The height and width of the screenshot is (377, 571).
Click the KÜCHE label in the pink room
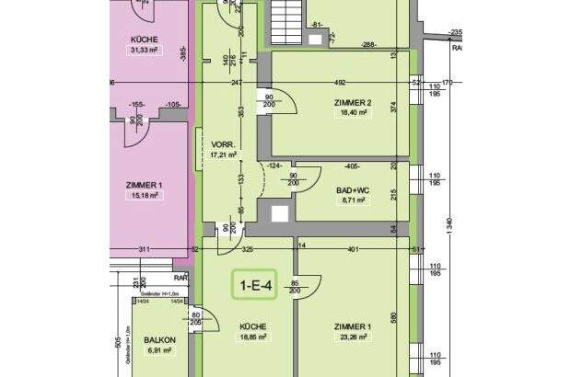coord(145,40)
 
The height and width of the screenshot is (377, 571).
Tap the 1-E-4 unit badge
coord(255,286)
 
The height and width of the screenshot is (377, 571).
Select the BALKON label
coord(160,340)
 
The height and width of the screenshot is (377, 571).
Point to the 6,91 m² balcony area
coord(160,351)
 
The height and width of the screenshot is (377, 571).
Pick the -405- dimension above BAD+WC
coord(351,166)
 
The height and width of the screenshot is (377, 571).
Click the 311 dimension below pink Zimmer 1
coord(144,249)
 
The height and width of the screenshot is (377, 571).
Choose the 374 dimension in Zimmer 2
coord(394,108)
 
